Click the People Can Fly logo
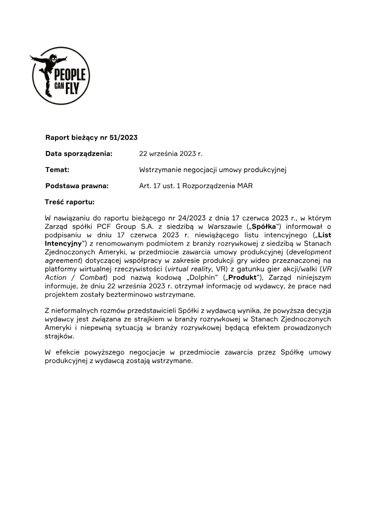pyautogui.click(x=60, y=75)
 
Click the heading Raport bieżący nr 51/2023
pyautogui.click(x=91, y=138)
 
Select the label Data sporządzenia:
pyautogui.click(x=78, y=154)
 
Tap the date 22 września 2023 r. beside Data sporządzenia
pyautogui.click(x=171, y=154)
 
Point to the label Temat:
pyautogui.click(x=57, y=170)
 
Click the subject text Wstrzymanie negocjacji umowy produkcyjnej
pyautogui.click(x=212, y=170)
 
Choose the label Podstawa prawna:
pyautogui.click(x=77, y=186)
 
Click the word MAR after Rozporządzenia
pyautogui.click(x=245, y=186)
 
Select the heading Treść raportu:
pyautogui.click(x=70, y=202)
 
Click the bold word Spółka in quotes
pyautogui.click(x=264, y=226)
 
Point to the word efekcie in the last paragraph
pyautogui.click(x=68, y=352)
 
